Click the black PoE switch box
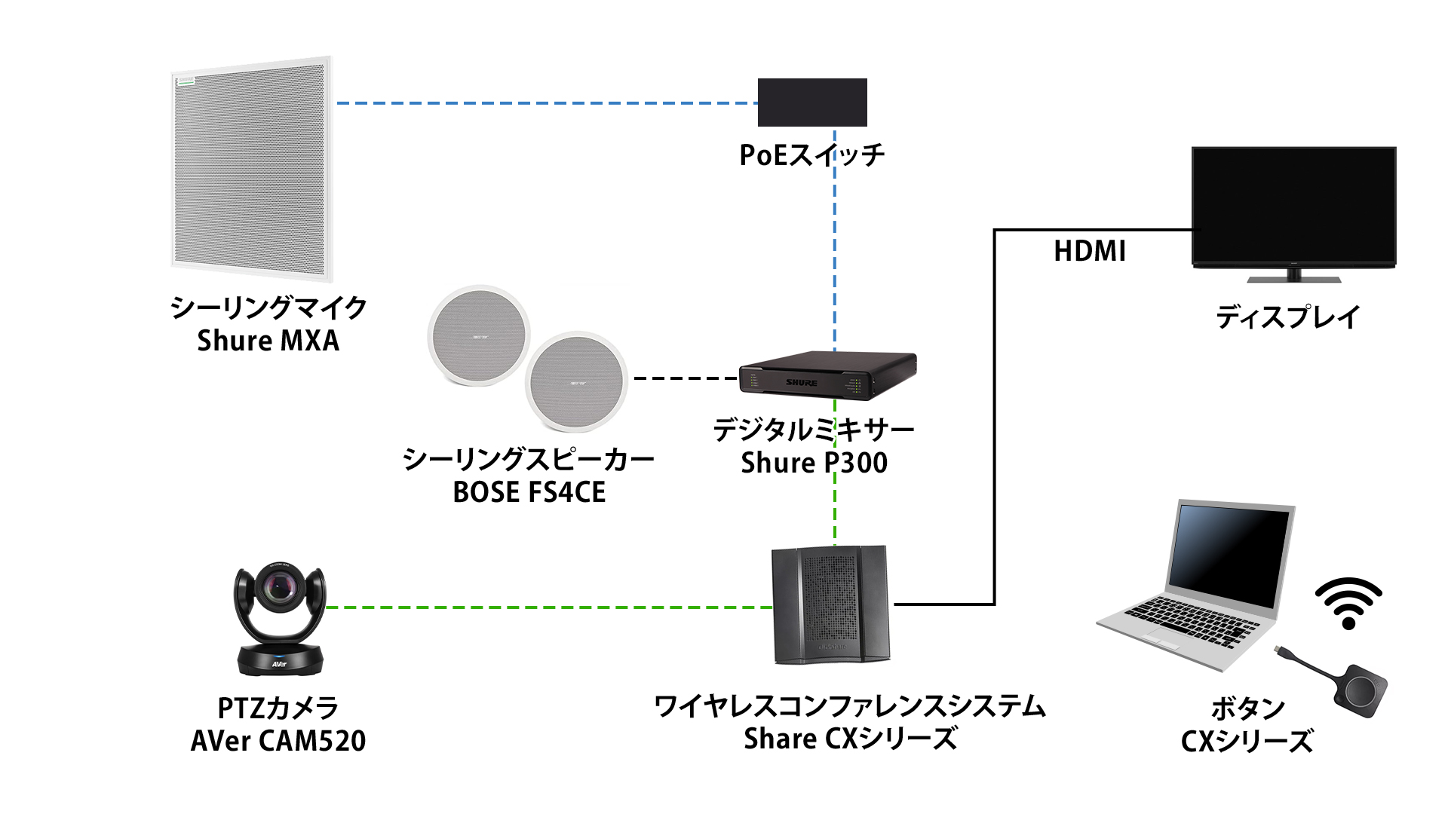(812, 103)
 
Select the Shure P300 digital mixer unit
(827, 375)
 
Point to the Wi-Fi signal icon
(1348, 603)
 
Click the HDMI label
(1089, 251)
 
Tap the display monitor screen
(1293, 205)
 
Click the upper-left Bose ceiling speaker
(479, 335)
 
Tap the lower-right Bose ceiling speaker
(577, 381)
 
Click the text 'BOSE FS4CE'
(529, 492)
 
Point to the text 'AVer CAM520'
(278, 741)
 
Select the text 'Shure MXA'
(268, 341)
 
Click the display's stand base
(1293, 278)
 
